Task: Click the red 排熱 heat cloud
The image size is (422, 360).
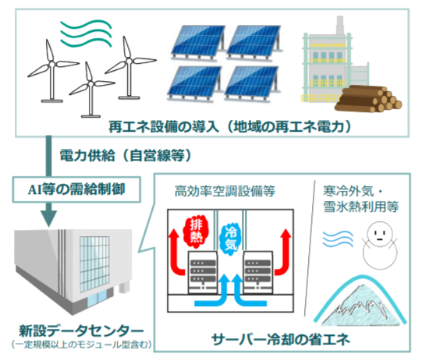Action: (x=196, y=230)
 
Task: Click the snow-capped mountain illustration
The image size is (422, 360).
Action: (x=360, y=301)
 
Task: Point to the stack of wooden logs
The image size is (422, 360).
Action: (x=368, y=99)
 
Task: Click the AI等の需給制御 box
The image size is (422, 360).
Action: (x=76, y=189)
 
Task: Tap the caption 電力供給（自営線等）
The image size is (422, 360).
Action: (x=125, y=156)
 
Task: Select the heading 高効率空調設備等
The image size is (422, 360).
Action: (x=225, y=192)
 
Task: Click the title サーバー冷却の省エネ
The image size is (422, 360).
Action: (x=281, y=339)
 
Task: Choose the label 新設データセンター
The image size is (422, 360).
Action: (x=81, y=330)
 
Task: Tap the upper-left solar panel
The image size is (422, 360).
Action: (x=198, y=43)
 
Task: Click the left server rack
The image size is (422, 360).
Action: (x=202, y=272)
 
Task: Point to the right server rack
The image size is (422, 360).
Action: (x=258, y=272)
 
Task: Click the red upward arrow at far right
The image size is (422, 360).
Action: (x=283, y=252)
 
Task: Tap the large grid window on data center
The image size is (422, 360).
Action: (x=94, y=264)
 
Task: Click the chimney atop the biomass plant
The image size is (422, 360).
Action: (x=340, y=25)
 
